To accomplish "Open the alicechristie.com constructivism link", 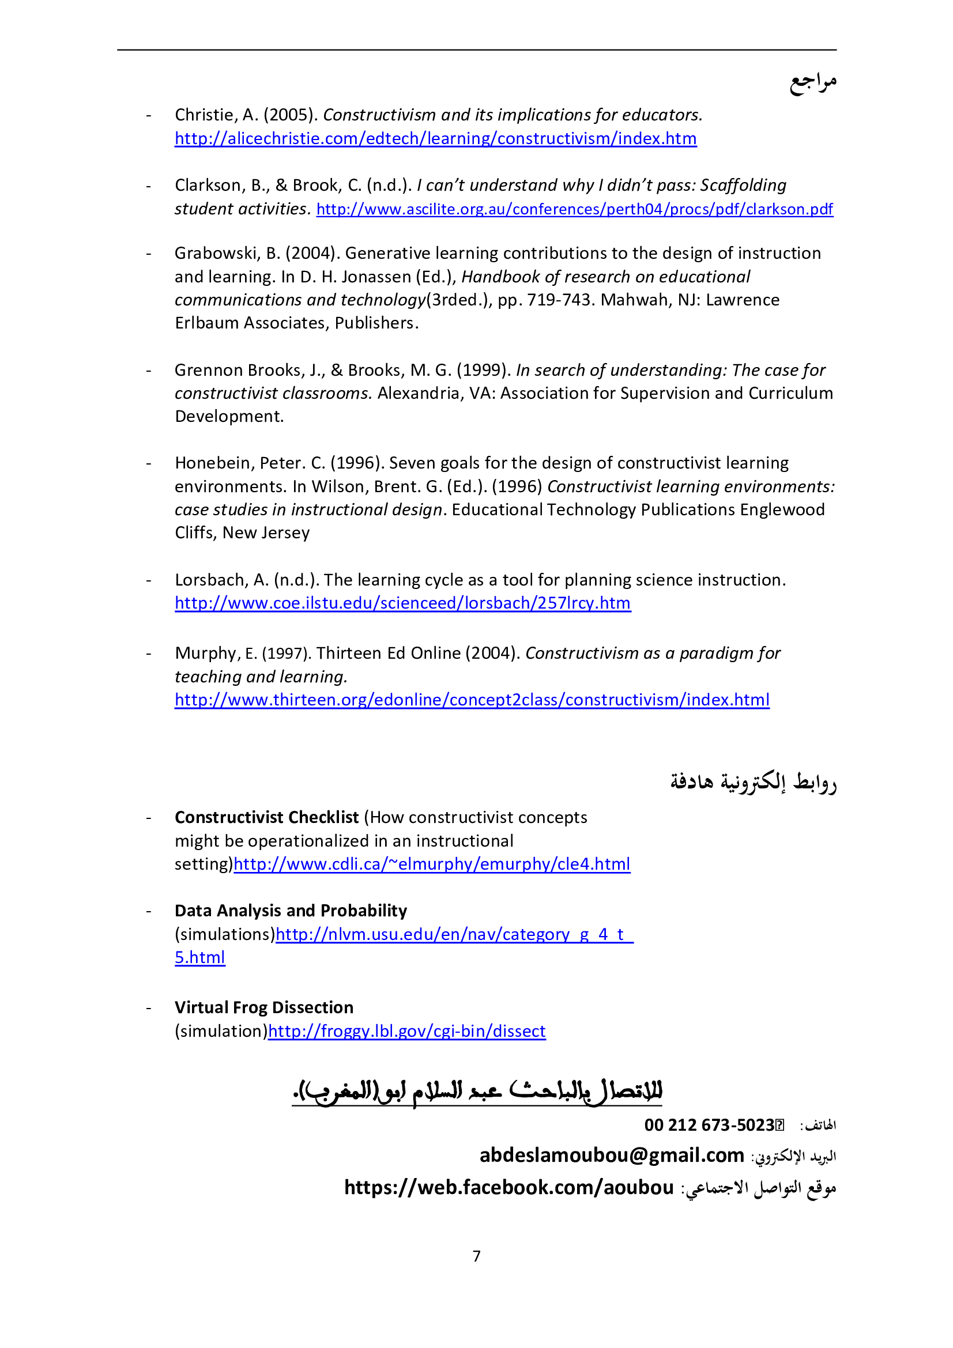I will [x=435, y=138].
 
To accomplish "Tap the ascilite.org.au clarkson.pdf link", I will [x=574, y=209].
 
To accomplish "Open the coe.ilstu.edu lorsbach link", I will [x=402, y=603].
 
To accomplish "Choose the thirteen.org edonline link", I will [x=472, y=700].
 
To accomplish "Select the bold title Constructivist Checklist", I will [x=266, y=817].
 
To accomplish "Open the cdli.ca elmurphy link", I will [x=432, y=864].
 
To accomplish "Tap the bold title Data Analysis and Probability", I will [x=291, y=911].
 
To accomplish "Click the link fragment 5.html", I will [x=199, y=958].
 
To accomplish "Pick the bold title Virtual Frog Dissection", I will [x=263, y=1007].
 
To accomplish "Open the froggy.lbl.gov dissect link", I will [x=406, y=1031].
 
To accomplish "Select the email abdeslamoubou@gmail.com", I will [x=611, y=1156].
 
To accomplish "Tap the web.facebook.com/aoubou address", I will [x=508, y=1188].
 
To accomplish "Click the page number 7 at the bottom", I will [x=476, y=1256].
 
